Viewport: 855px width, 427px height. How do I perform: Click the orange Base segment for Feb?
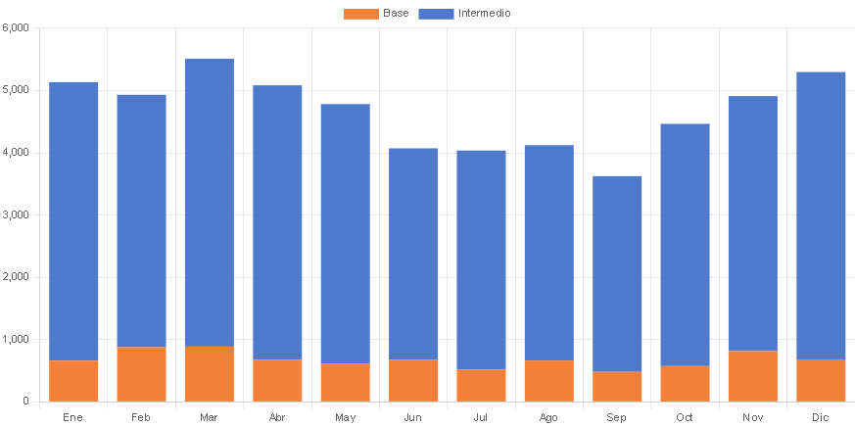tap(141, 374)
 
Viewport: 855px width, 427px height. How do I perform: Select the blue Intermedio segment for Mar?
tap(209, 202)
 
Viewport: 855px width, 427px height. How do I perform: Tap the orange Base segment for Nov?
tap(752, 376)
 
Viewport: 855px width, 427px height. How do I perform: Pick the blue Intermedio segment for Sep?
tap(617, 273)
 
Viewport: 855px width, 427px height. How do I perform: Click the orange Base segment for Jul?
tap(481, 385)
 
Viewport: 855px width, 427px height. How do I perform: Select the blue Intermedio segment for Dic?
tap(821, 215)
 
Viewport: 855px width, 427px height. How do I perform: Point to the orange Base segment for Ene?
tap(73, 381)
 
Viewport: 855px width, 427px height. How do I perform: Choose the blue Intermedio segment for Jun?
tap(413, 254)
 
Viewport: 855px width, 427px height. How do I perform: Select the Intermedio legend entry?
tap(465, 14)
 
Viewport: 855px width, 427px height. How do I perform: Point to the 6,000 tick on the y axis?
tap(17, 27)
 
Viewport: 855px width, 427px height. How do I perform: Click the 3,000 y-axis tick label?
tap(17, 214)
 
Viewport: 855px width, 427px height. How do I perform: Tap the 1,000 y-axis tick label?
tap(17, 339)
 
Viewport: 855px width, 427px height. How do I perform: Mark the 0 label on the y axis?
tap(25, 402)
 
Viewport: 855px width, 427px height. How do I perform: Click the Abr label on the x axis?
tap(277, 417)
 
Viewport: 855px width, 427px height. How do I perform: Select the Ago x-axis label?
tap(548, 417)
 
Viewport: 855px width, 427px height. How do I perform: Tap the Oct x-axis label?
tap(685, 417)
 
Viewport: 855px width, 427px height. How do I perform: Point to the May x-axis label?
tap(345, 417)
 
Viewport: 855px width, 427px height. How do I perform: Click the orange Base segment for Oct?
tap(685, 384)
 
